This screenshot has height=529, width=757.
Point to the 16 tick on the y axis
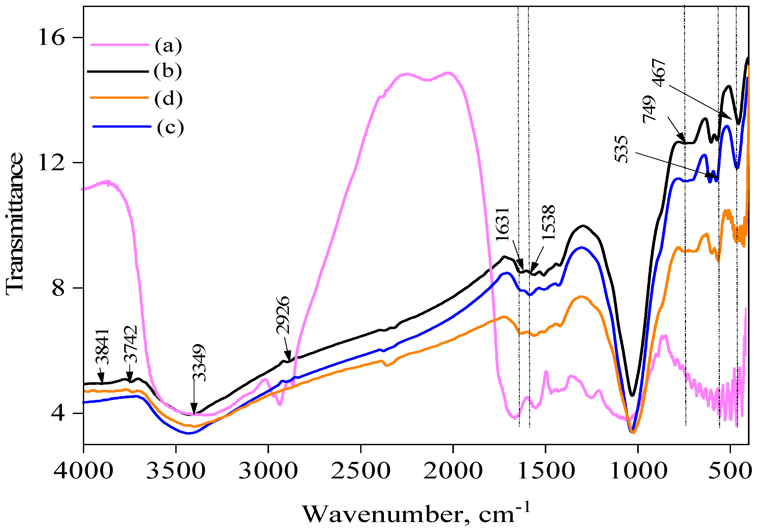(51, 37)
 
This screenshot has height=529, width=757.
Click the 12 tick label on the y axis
(51, 162)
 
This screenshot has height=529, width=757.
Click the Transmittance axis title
(14, 224)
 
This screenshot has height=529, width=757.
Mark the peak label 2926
(283, 315)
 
